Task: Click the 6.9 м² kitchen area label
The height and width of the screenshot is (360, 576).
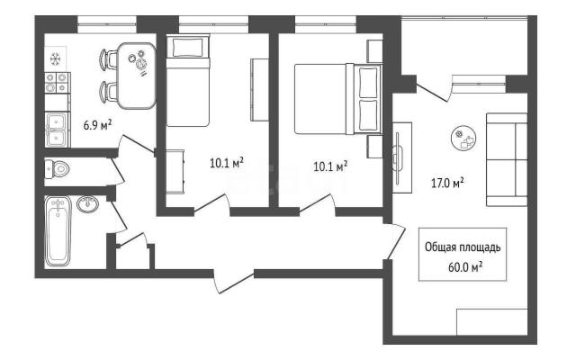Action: pyautogui.click(x=97, y=125)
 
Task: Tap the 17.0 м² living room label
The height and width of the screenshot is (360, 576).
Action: pyautogui.click(x=447, y=183)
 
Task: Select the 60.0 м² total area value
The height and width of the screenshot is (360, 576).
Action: pyautogui.click(x=465, y=267)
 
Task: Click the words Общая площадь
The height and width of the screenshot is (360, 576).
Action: pyautogui.click(x=463, y=247)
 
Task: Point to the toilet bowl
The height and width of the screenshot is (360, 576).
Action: pyautogui.click(x=58, y=169)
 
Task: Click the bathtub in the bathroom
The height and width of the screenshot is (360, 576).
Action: pyautogui.click(x=58, y=231)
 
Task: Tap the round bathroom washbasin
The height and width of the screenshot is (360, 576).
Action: pyautogui.click(x=88, y=204)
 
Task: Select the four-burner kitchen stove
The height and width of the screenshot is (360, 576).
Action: pyautogui.click(x=57, y=83)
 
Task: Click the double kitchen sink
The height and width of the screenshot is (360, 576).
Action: pyautogui.click(x=56, y=130)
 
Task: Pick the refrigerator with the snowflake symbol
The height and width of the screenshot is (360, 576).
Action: pyautogui.click(x=56, y=58)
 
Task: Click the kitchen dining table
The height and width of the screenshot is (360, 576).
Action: pyautogui.click(x=137, y=76)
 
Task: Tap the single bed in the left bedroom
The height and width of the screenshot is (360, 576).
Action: pyautogui.click(x=188, y=80)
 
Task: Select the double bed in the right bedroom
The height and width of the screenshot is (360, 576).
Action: pyautogui.click(x=338, y=99)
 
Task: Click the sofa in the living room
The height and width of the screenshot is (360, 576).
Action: pyautogui.click(x=507, y=160)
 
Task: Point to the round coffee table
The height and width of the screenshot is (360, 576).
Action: pyautogui.click(x=463, y=138)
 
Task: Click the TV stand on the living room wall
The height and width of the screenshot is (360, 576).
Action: pyautogui.click(x=402, y=157)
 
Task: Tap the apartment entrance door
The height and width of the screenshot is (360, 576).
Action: pyautogui.click(x=234, y=281)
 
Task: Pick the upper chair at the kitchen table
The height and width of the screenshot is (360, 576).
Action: pyautogui.click(x=108, y=59)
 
